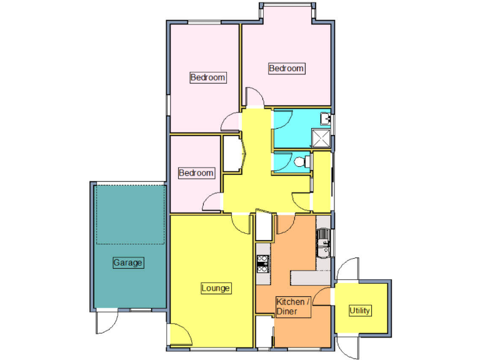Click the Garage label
[128, 262]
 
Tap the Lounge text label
[216, 288]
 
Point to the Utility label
[360, 311]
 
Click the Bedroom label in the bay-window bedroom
[286, 68]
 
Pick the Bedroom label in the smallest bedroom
[196, 172]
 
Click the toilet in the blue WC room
[301, 162]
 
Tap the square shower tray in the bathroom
[321, 137]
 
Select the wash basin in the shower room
[325, 117]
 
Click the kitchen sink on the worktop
[323, 243]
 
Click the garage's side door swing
[107, 321]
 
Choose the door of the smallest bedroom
[212, 201]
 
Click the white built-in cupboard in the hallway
[233, 154]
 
